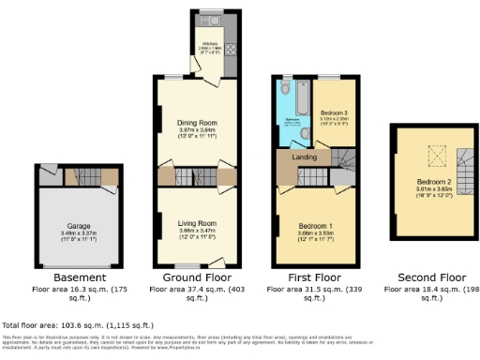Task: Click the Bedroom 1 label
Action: [x=316, y=227]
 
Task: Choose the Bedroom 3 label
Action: [x=334, y=112]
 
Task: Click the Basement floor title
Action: [x=73, y=278]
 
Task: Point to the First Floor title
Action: [x=314, y=278]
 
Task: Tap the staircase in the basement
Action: [x=79, y=176]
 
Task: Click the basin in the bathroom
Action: [x=307, y=133]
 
